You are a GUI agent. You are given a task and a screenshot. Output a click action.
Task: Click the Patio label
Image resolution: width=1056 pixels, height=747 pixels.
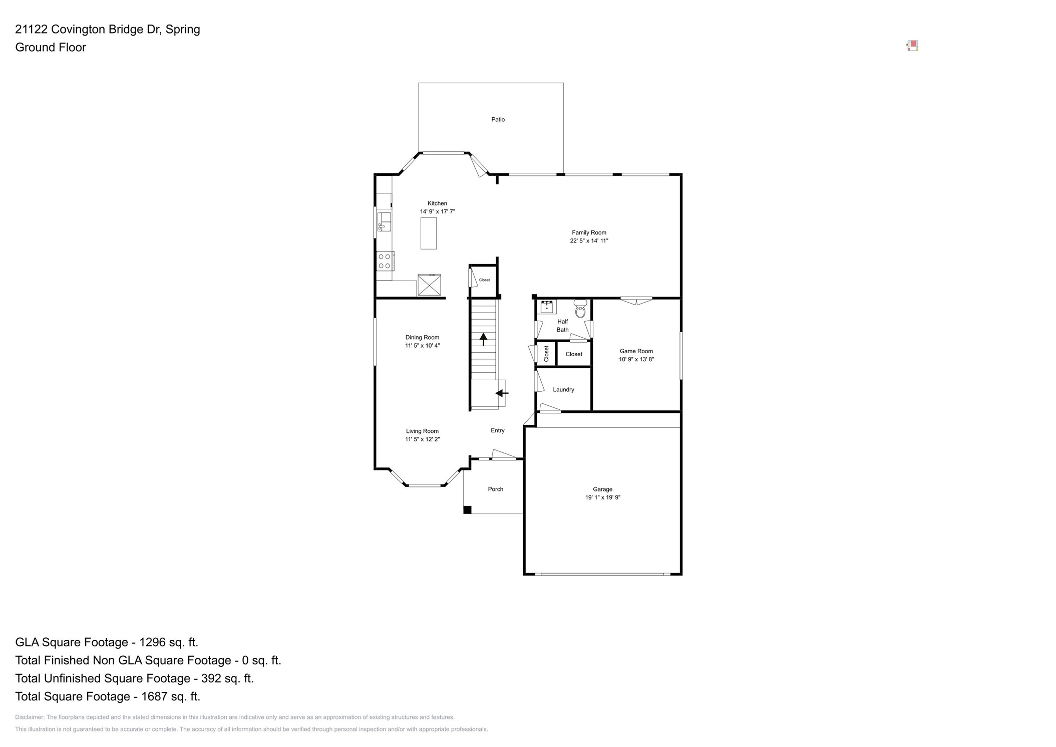[497, 119]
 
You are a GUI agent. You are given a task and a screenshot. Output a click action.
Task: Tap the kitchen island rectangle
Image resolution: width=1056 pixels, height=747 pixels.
[428, 233]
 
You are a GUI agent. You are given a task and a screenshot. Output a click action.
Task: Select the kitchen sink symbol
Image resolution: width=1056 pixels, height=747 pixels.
[384, 221]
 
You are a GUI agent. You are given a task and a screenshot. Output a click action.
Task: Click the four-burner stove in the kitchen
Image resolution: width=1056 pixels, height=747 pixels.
[385, 261]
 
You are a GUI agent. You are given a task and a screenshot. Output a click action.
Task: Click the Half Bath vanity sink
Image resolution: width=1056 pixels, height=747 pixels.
[546, 306]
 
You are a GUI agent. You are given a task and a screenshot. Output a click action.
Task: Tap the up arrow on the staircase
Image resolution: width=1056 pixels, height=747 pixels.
[483, 339]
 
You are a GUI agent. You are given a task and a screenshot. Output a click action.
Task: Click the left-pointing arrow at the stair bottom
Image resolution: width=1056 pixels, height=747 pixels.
[502, 393]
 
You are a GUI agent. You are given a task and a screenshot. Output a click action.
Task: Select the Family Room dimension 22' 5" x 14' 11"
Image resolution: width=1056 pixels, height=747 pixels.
[589, 240]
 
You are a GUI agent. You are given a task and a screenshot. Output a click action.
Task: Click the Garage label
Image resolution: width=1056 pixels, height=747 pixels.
[602, 489]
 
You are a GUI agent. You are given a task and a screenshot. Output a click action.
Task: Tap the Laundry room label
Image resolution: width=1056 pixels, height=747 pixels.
[563, 390]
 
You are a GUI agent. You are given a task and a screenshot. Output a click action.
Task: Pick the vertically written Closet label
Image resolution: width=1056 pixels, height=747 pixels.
[546, 354]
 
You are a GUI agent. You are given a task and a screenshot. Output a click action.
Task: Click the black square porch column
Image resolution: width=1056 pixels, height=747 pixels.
[467, 510]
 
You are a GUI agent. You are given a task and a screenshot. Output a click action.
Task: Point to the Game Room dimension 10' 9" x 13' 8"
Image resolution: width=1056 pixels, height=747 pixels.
[636, 359]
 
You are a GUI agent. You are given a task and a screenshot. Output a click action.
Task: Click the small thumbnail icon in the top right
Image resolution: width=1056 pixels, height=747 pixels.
[912, 46]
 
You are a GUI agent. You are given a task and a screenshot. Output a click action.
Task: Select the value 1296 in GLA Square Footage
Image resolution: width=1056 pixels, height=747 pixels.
[153, 642]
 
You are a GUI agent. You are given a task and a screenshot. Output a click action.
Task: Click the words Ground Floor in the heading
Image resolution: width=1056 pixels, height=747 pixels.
[51, 47]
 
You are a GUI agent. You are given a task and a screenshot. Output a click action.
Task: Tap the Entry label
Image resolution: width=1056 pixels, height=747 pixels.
[497, 430]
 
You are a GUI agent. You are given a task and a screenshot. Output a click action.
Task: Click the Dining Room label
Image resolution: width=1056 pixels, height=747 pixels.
[422, 337]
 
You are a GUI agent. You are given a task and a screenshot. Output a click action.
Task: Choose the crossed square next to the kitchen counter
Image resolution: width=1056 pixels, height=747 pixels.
[429, 285]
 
